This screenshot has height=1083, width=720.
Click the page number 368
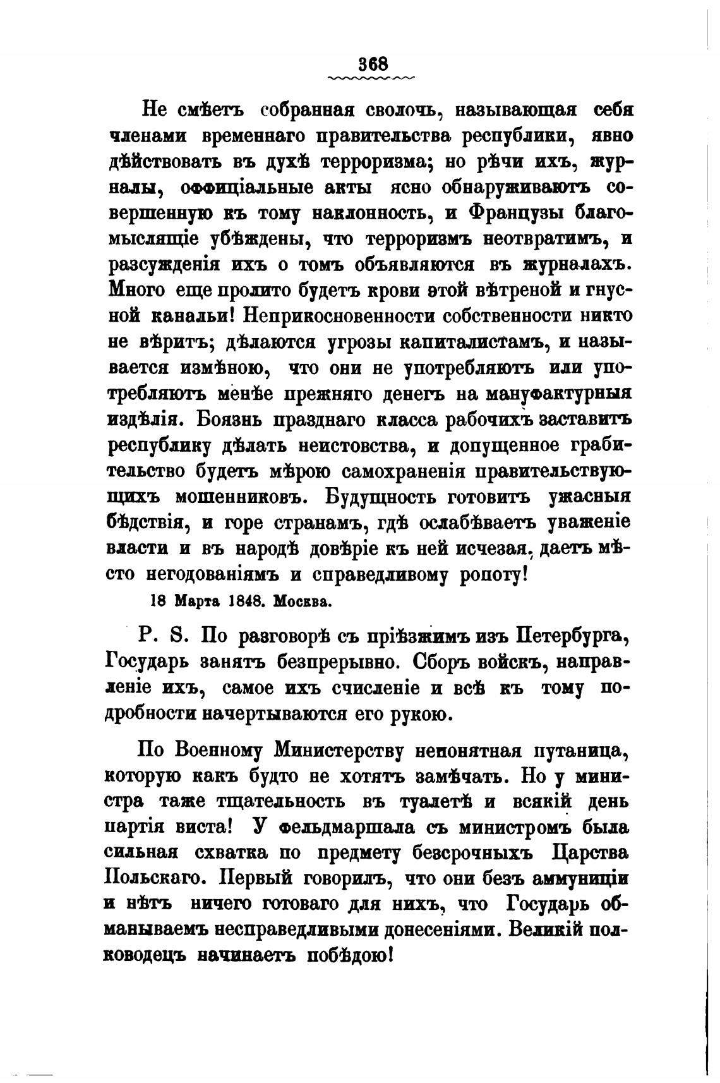372,64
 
